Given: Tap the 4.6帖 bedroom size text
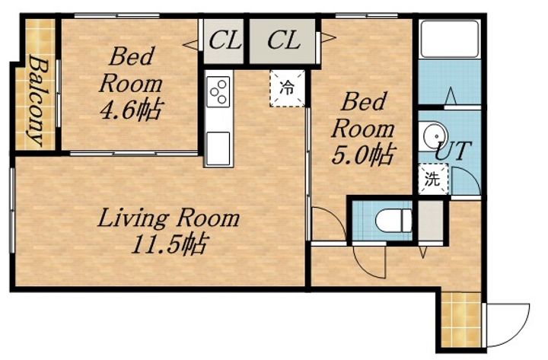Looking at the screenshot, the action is pyautogui.click(x=130, y=110).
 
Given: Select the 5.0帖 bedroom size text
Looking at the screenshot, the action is pyautogui.click(x=363, y=155).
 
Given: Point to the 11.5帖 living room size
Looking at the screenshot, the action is pyautogui.click(x=170, y=244).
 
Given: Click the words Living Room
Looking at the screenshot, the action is pyautogui.click(x=169, y=218).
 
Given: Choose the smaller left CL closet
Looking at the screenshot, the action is pyautogui.click(x=224, y=41).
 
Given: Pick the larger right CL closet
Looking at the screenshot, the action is pyautogui.click(x=282, y=41).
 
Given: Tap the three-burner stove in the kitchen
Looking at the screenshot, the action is pyautogui.click(x=218, y=91).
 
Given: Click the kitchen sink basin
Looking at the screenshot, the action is pyautogui.click(x=218, y=148).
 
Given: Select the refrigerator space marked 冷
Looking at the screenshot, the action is pyautogui.click(x=287, y=88).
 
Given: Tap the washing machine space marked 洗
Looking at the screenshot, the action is pyautogui.click(x=432, y=180).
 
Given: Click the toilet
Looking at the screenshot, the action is pyautogui.click(x=393, y=220).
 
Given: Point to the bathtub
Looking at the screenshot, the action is pyautogui.click(x=450, y=39).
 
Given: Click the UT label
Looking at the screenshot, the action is pyautogui.click(x=454, y=151).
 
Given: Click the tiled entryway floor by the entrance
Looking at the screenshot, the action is pyautogui.click(x=461, y=320).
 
